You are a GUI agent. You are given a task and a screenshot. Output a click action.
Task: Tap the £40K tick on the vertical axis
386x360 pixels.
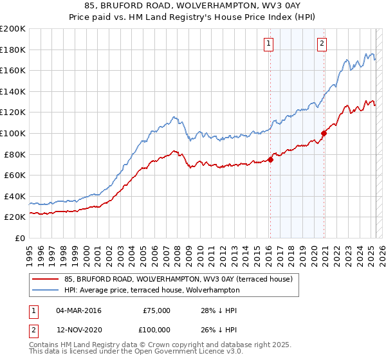[14, 196]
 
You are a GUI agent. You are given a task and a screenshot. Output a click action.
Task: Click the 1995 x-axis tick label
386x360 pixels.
[30, 251]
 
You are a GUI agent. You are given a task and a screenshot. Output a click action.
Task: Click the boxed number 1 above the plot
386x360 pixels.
[268, 44]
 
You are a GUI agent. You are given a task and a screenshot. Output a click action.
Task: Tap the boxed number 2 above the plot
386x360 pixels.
[321, 44]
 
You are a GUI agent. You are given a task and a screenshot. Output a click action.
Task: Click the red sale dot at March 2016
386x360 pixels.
[270, 159]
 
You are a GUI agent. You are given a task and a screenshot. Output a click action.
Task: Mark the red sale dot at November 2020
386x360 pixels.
[324, 133]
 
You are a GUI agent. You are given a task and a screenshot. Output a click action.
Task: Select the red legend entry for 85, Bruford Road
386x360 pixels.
[178, 279]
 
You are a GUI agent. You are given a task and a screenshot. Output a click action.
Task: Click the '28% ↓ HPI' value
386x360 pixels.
[219, 310]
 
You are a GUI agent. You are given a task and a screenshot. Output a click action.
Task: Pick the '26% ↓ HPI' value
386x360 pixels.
[219, 329]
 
